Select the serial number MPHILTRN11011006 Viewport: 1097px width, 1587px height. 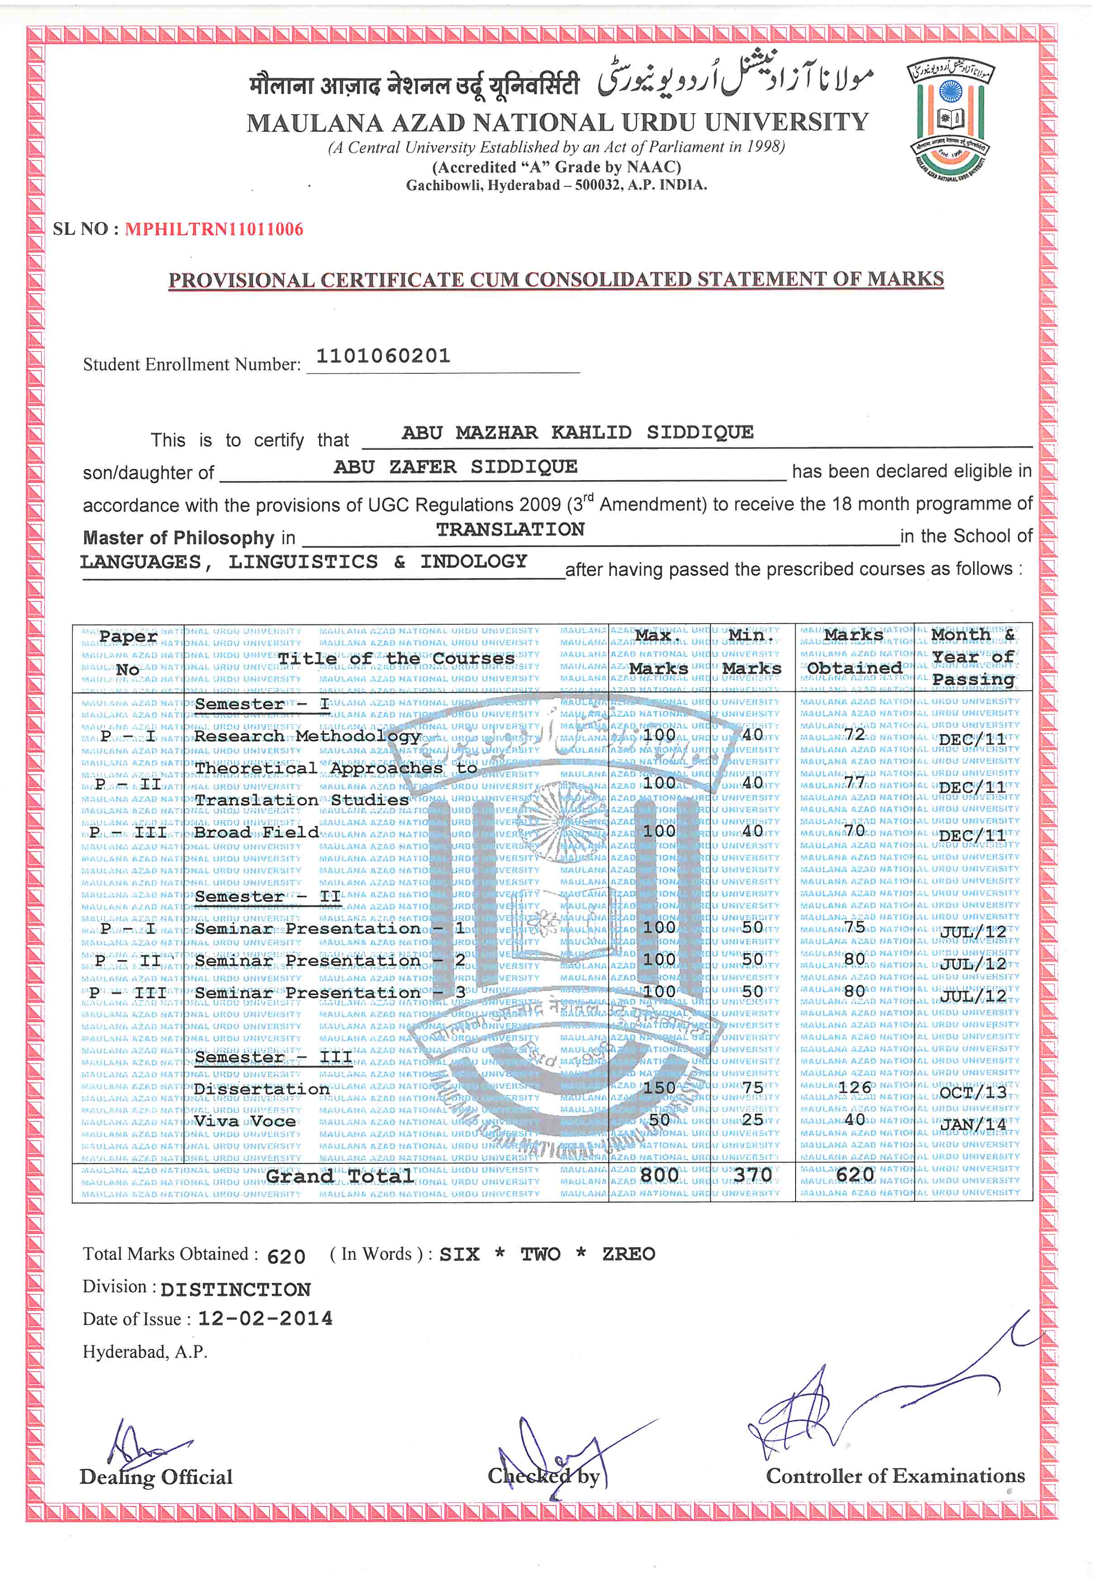[214, 229]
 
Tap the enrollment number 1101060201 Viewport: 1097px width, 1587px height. [383, 356]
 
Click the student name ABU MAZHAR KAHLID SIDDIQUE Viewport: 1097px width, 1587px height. [577, 432]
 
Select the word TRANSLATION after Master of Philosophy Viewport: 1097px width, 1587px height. [510, 529]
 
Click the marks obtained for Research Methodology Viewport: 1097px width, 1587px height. [854, 734]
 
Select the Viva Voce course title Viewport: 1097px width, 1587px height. [245, 1121]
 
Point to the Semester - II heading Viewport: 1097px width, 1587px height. [268, 896]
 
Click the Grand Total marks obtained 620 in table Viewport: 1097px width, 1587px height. [854, 1175]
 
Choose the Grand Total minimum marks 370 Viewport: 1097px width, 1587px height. [752, 1175]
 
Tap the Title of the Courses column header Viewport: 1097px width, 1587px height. [396, 658]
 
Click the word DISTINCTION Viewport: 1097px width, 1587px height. [236, 1289]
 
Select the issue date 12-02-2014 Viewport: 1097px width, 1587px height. [265, 1318]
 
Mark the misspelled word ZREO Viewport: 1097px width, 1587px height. [628, 1254]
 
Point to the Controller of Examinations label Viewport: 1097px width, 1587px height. [895, 1476]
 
